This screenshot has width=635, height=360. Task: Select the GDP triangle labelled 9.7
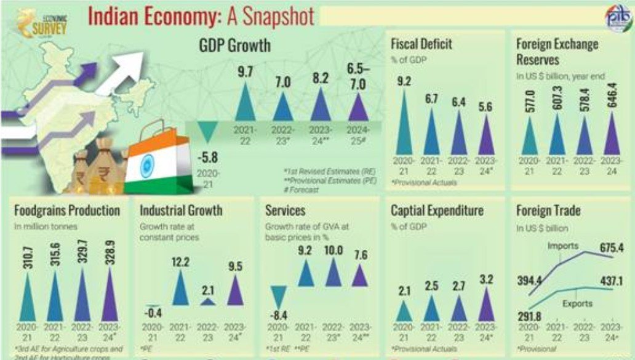245,103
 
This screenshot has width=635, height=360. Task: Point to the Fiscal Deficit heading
421,44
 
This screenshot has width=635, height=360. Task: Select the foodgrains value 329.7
83,251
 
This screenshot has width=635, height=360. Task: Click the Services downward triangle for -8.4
280,295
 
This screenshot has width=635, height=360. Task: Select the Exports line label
576,303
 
